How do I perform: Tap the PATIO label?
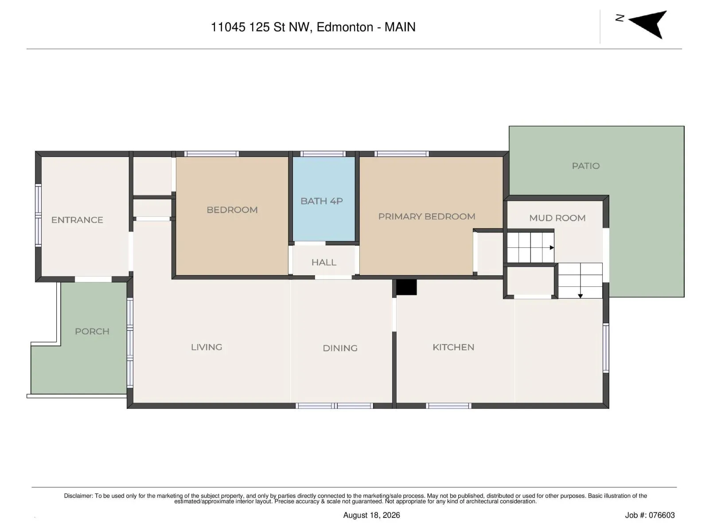[x=586, y=166]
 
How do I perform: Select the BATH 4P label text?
[x=321, y=201]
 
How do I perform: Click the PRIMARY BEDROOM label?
[x=427, y=216]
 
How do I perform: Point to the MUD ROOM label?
[x=557, y=218]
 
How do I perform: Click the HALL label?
[x=323, y=262]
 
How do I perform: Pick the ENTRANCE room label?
[x=77, y=220]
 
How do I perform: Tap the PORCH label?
[x=92, y=332]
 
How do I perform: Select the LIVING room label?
[x=206, y=347]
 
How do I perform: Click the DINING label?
[x=340, y=348]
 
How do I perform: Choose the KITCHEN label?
[x=453, y=347]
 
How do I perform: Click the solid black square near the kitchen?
[x=406, y=287]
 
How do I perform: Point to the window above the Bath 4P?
[x=323, y=154]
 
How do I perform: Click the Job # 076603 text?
[x=650, y=515]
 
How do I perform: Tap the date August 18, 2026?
[x=371, y=515]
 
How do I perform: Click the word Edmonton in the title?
[x=345, y=27]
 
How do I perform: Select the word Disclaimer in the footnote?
[x=78, y=496]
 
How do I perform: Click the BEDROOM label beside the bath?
[x=232, y=210]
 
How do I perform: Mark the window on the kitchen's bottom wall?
[x=448, y=406]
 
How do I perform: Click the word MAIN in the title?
[x=400, y=27]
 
